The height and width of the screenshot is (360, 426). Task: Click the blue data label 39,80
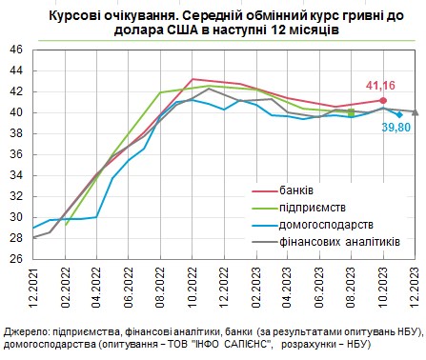click(x=396, y=127)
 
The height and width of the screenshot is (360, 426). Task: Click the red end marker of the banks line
click(x=383, y=100)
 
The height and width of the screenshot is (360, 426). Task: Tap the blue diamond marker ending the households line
click(x=398, y=114)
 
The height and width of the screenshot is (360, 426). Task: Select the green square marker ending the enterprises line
click(x=351, y=111)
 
